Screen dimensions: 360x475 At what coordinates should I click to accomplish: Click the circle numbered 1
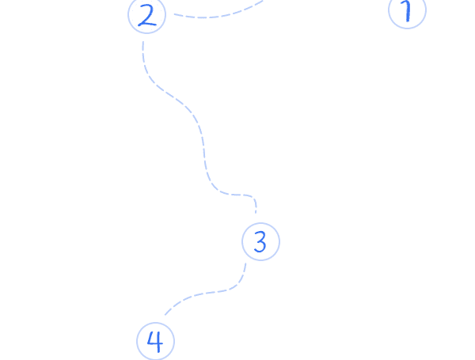tap(407, 11)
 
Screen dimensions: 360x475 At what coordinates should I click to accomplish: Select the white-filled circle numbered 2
tap(147, 15)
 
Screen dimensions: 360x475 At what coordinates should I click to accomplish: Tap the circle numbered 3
tap(260, 242)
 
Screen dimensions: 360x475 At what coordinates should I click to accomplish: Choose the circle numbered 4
tap(155, 342)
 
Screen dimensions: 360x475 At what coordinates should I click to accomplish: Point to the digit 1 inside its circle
tap(407, 11)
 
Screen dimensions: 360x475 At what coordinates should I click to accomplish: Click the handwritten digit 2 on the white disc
tap(147, 15)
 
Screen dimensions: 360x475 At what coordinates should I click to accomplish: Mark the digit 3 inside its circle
tap(260, 242)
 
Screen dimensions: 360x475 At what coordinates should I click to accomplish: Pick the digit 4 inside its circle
tap(155, 342)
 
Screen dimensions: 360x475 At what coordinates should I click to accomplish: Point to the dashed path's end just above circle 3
tap(256, 212)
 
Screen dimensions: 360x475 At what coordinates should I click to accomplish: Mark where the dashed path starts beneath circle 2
tap(142, 41)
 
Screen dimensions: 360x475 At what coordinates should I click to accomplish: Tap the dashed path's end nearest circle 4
tap(165, 315)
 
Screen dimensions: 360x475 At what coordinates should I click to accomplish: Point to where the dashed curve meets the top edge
tap(263, 1)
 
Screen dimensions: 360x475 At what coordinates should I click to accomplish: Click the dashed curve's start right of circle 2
tap(173, 14)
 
